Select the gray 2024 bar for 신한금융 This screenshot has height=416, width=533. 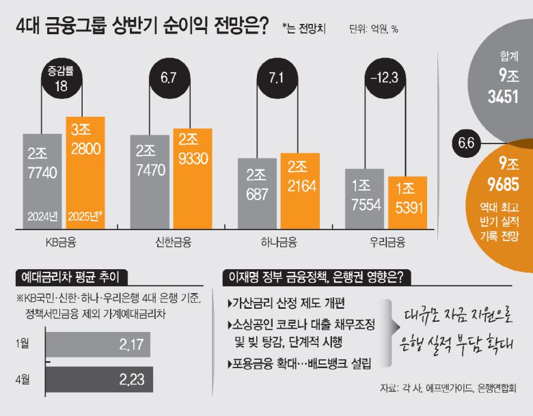coord(150,181)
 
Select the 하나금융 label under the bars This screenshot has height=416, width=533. coord(278,241)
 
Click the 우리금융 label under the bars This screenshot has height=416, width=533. coord(385,241)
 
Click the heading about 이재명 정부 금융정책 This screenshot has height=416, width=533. coord(315,277)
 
